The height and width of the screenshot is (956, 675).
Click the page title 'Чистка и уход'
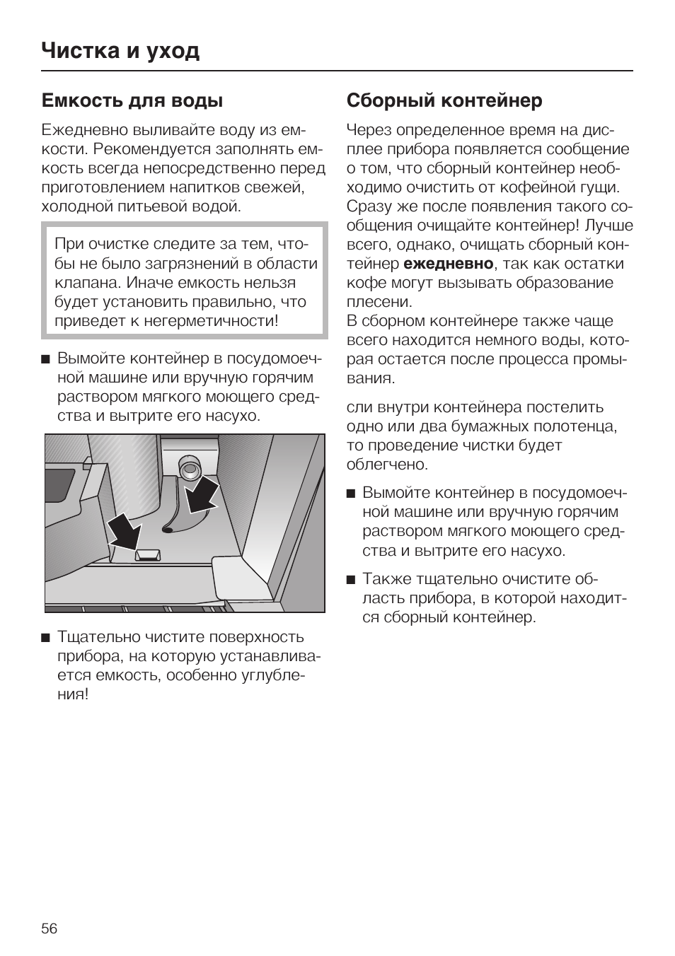(x=120, y=51)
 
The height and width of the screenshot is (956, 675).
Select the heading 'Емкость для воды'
(x=132, y=100)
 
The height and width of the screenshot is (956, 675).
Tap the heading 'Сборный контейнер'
(x=444, y=100)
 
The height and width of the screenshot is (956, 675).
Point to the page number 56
(x=50, y=928)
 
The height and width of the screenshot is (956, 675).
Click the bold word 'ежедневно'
(x=449, y=264)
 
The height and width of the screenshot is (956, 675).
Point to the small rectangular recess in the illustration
(x=148, y=554)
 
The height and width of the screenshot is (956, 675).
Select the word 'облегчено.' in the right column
(x=387, y=465)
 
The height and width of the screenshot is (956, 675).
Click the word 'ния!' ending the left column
(x=73, y=694)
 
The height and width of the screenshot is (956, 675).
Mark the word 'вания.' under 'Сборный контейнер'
(x=370, y=378)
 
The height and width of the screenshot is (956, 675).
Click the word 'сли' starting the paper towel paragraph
(x=360, y=407)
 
